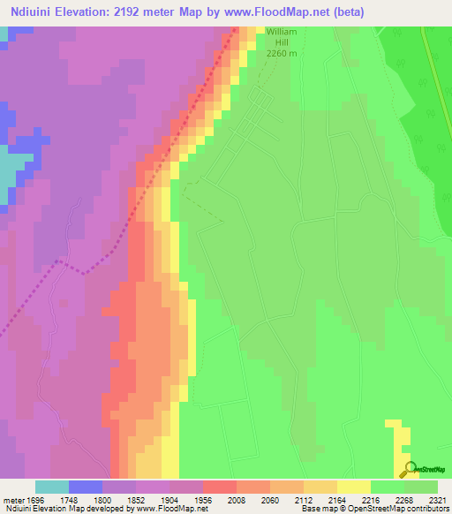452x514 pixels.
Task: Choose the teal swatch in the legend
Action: coord(52,486)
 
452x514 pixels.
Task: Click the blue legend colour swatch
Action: coord(86,486)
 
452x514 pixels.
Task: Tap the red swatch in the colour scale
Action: coord(220,486)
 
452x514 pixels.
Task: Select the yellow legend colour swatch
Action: coord(354,486)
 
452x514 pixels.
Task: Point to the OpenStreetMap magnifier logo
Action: coord(409,469)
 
